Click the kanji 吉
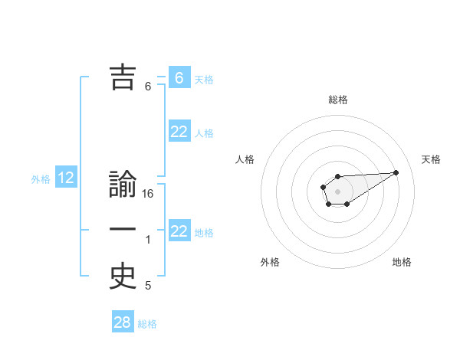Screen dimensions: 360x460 (x=123, y=77)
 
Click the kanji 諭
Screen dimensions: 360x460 (x=123, y=186)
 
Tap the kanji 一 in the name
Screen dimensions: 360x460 (x=123, y=231)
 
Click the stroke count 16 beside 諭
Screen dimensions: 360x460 (x=148, y=195)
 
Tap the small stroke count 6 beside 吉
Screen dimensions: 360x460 (x=148, y=87)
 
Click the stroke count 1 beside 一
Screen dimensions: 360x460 (x=148, y=241)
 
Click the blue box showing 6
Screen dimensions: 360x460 (x=179, y=77)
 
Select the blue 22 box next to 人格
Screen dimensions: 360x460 (x=179, y=132)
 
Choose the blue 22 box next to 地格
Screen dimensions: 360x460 (x=179, y=231)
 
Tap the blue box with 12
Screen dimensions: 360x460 (x=66, y=178)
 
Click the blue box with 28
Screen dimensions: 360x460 (x=123, y=322)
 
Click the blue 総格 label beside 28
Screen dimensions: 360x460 (x=147, y=324)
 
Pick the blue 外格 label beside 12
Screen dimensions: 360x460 (x=41, y=180)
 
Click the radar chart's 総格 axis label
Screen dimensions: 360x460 (x=338, y=100)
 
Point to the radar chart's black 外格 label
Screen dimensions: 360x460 (x=270, y=262)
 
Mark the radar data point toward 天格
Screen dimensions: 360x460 (x=396, y=172)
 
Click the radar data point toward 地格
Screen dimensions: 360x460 (x=347, y=204)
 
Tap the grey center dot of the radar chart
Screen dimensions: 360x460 (x=338, y=191)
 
